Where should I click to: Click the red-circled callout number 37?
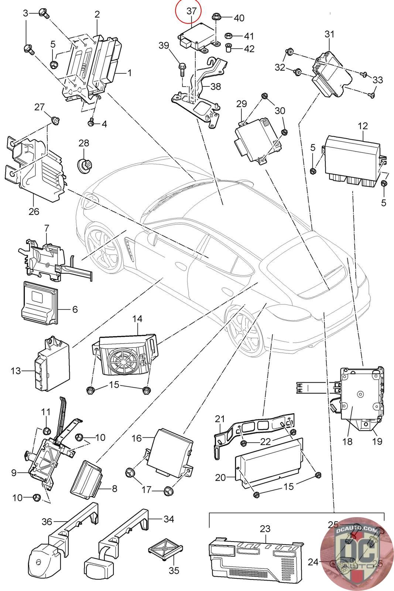point(191,11)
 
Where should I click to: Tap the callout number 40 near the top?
point(239,18)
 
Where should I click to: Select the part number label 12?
point(363,126)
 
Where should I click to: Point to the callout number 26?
point(34,212)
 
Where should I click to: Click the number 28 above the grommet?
point(84,143)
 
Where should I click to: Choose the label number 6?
point(75,309)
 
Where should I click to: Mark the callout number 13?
point(16,370)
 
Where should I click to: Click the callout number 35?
point(174,570)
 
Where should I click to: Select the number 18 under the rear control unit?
point(347,441)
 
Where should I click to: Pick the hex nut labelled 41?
point(228,36)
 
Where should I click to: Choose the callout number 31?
point(329,34)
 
